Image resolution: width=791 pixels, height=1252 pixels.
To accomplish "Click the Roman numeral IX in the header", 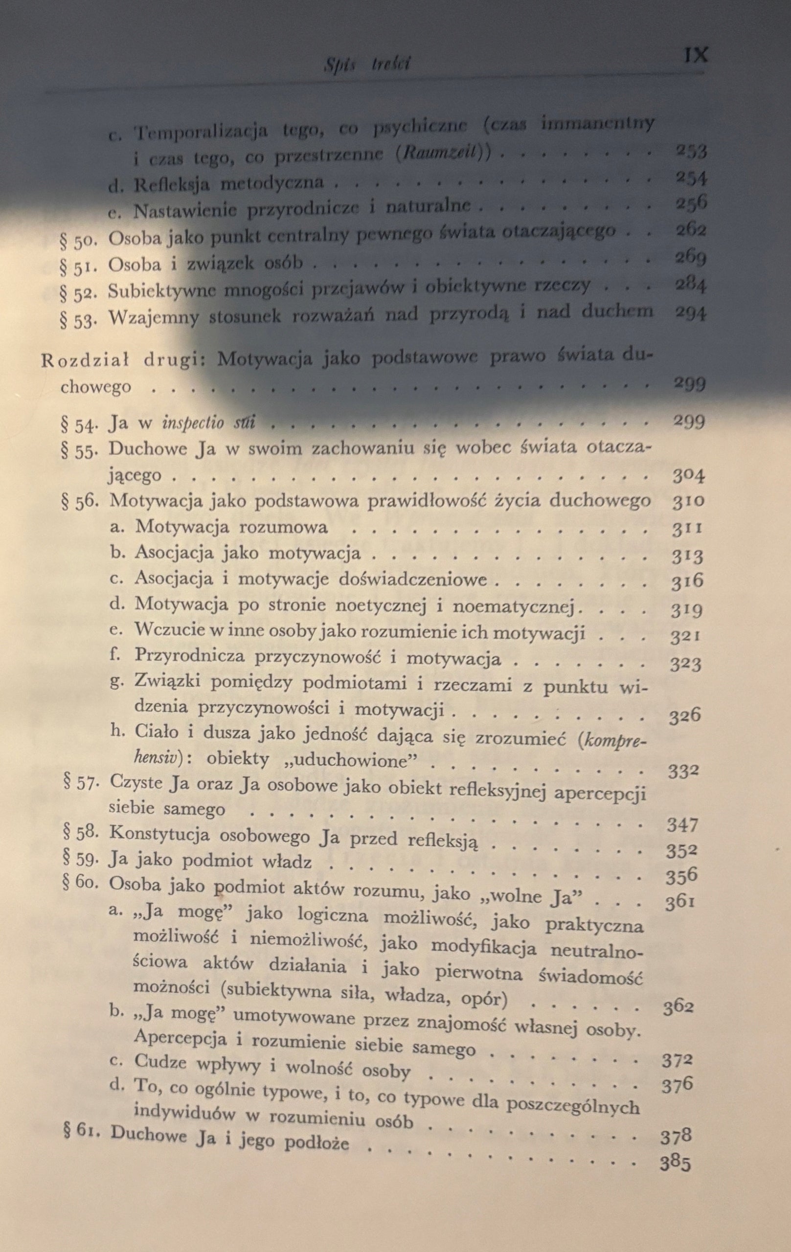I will coord(696,55).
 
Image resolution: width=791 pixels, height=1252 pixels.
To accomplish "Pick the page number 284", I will coord(690,285).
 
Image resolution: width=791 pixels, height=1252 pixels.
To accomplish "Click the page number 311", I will coord(687,529).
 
